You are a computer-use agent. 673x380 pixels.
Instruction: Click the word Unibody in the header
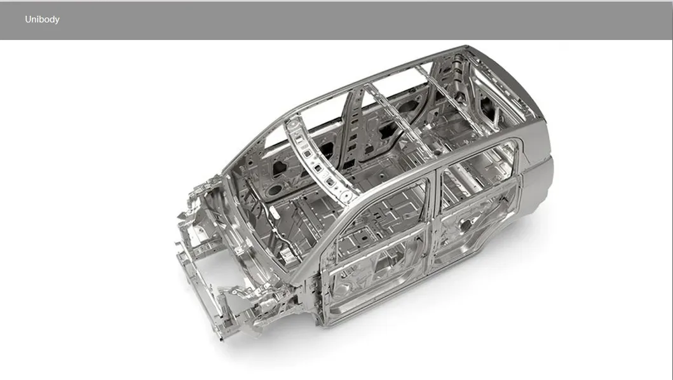click(42, 19)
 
